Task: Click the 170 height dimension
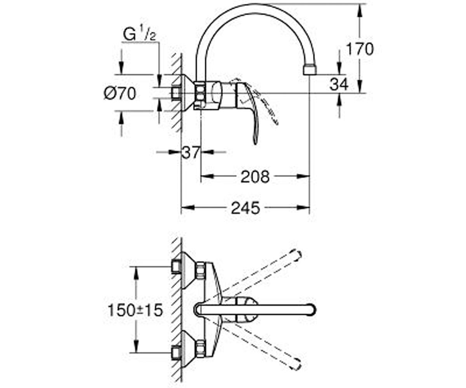click(360, 48)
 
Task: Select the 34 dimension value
click(339, 84)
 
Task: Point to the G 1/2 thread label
click(139, 35)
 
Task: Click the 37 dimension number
click(191, 152)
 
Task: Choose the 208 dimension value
click(255, 177)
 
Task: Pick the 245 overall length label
click(245, 208)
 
